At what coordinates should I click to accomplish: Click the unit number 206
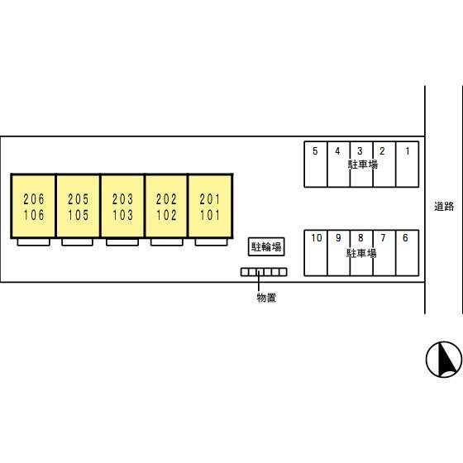pyautogui.click(x=34, y=199)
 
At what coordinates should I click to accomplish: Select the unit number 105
pyautogui.click(x=79, y=215)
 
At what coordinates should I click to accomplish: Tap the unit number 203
pyautogui.click(x=122, y=199)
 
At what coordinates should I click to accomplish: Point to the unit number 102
pyautogui.click(x=166, y=215)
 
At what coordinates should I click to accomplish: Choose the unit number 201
pyautogui.click(x=210, y=199)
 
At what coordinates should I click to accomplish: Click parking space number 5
pyautogui.click(x=315, y=151)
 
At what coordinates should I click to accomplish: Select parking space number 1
pyautogui.click(x=408, y=151)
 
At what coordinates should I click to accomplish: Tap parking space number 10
pyautogui.click(x=317, y=238)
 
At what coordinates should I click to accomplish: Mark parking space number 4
pyautogui.click(x=337, y=151)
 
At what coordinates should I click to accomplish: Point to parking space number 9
pyautogui.click(x=338, y=238)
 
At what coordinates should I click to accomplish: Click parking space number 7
pyautogui.click(x=383, y=238)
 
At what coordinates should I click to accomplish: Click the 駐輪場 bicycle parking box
pyautogui.click(x=266, y=246)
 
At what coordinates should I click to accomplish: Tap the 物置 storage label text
pyautogui.click(x=266, y=298)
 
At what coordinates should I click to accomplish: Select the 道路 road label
pyautogui.click(x=444, y=206)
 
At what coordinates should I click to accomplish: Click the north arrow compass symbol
pyautogui.click(x=444, y=360)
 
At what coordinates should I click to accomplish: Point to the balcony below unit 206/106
pyautogui.click(x=33, y=242)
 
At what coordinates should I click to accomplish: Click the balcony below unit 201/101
pyautogui.click(x=211, y=242)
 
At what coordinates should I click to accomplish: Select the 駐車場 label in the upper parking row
pyautogui.click(x=363, y=165)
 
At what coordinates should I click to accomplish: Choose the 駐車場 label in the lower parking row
pyautogui.click(x=361, y=253)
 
